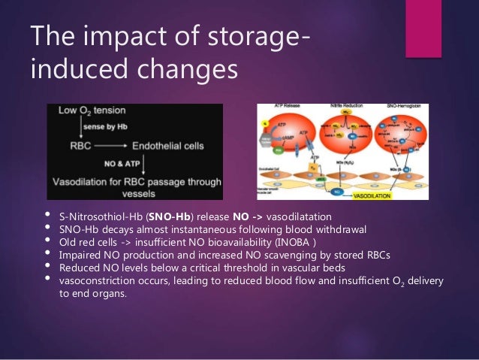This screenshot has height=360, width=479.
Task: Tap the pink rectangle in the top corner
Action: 423,29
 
